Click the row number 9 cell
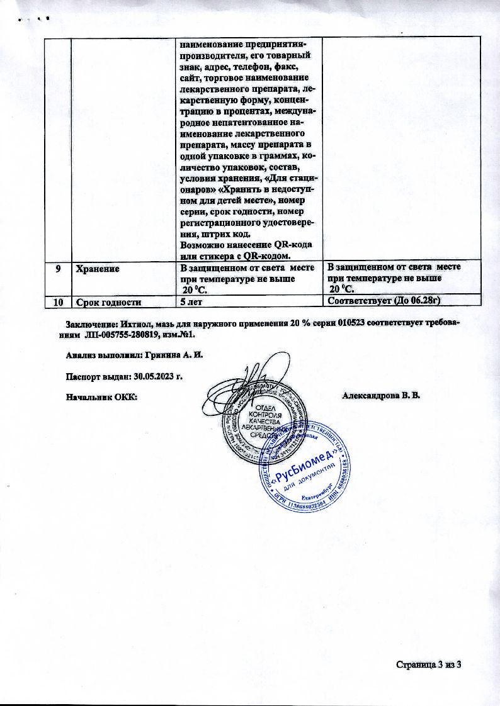(x=58, y=267)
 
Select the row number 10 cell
(x=58, y=302)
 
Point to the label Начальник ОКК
(x=101, y=397)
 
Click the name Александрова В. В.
(x=380, y=396)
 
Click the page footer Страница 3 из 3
(x=429, y=664)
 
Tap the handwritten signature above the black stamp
(x=251, y=379)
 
